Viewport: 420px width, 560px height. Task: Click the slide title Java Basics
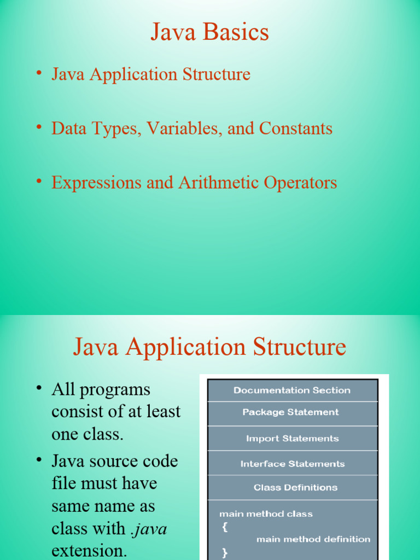209,32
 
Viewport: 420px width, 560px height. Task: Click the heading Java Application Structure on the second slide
209,347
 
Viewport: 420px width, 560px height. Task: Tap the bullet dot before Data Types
39,127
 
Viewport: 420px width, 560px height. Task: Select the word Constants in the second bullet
296,128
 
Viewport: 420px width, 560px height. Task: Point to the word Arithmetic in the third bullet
219,183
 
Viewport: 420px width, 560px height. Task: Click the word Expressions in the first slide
96,183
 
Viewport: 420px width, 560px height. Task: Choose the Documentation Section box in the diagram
293,390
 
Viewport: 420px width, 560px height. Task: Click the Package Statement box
293,413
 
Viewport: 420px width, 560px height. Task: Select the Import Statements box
293,438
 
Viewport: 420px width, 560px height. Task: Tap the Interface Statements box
293,463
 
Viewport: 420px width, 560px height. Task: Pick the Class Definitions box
293,487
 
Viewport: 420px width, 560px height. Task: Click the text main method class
266,514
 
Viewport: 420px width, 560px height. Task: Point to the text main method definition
313,539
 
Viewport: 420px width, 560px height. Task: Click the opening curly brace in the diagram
225,527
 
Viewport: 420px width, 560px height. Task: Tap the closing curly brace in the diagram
225,553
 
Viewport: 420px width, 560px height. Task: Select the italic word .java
149,529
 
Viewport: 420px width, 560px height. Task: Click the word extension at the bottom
89,550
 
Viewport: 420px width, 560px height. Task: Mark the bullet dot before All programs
39,388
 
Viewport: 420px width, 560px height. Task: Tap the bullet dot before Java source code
39,459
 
